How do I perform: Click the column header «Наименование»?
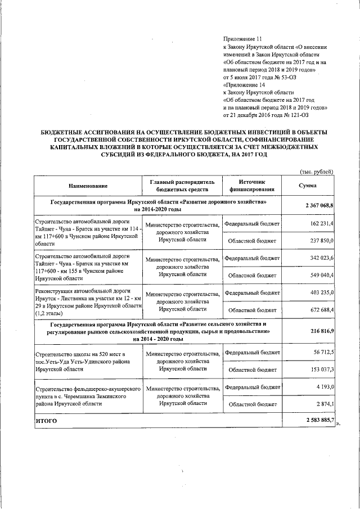tap(88, 186)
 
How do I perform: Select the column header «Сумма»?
tap(308, 186)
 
